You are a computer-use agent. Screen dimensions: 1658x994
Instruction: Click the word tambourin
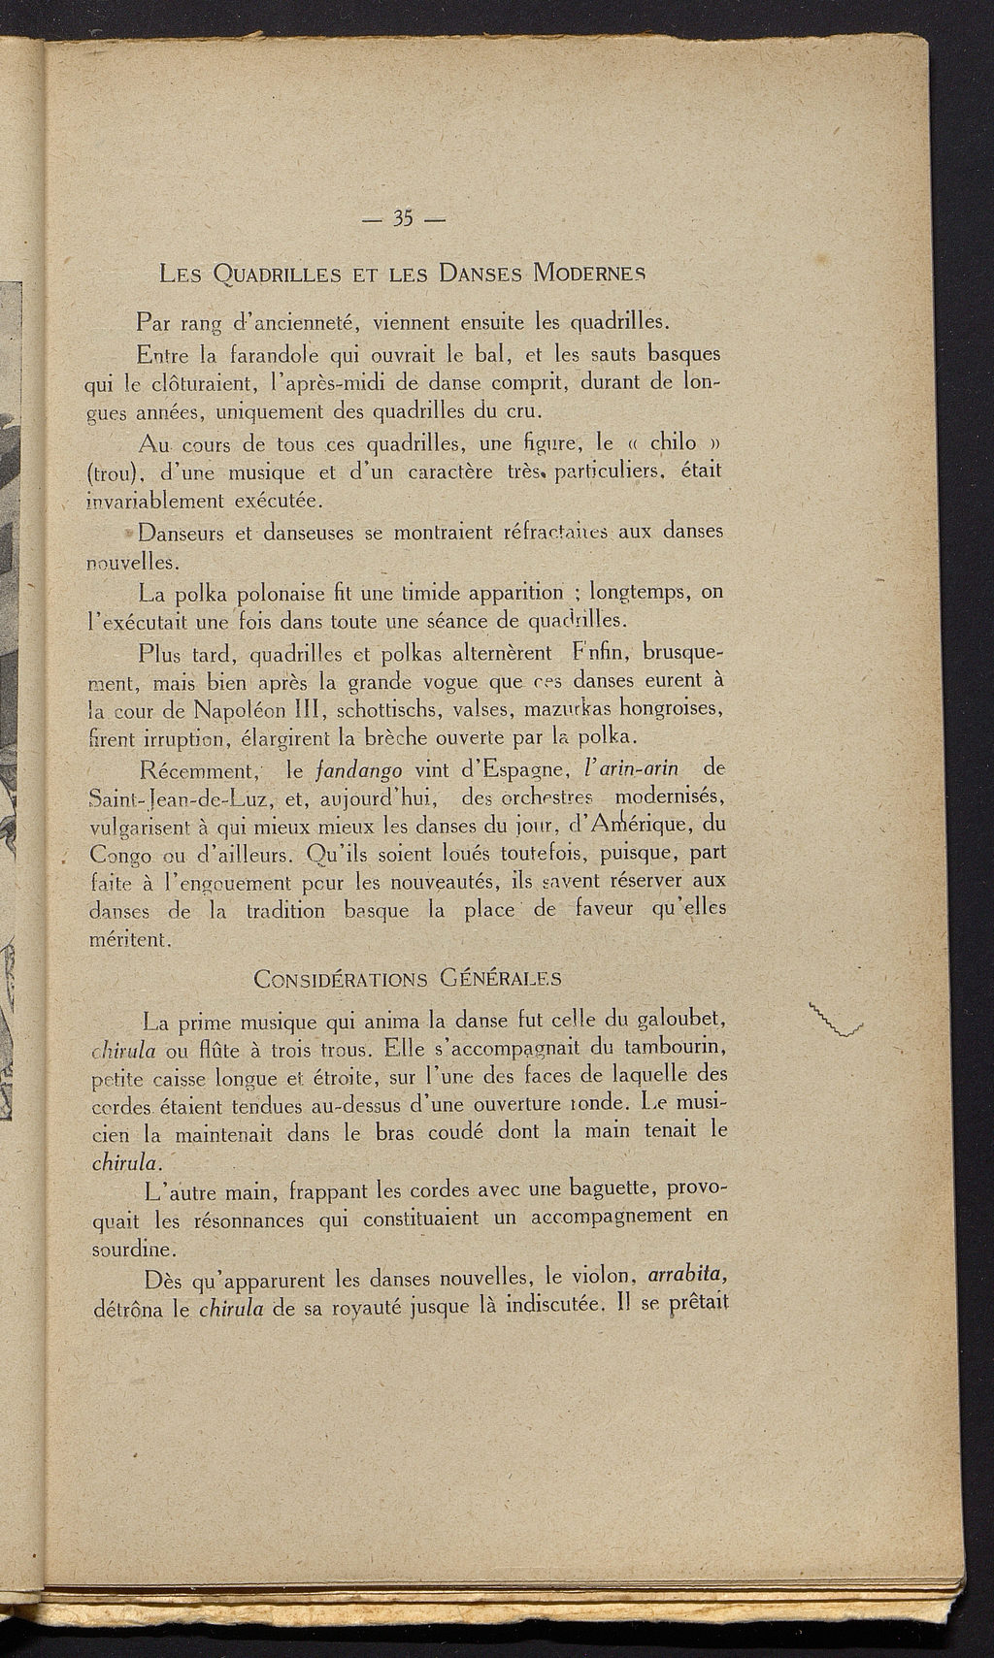click(x=676, y=1049)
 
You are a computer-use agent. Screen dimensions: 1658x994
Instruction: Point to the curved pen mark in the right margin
click(x=836, y=1021)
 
